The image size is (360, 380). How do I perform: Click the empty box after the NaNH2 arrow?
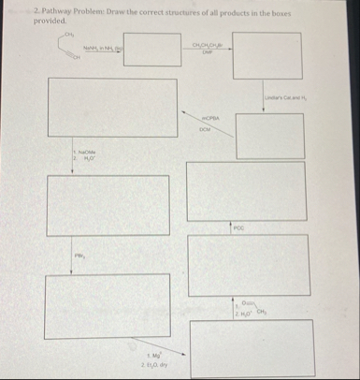coord(150,51)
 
